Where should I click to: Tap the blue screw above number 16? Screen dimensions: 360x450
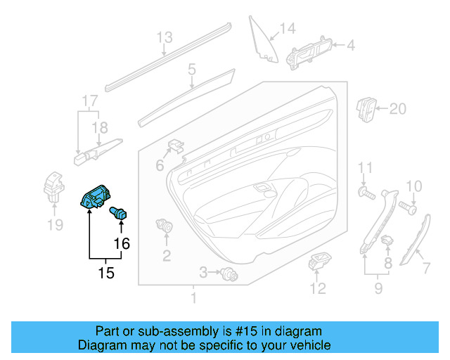click(x=120, y=212)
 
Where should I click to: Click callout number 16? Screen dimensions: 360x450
click(x=122, y=244)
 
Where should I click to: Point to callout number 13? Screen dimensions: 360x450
click(x=164, y=37)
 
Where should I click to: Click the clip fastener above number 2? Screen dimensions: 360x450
click(x=166, y=227)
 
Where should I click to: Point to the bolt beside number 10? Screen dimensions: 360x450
click(x=407, y=207)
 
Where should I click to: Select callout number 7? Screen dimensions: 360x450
click(x=425, y=268)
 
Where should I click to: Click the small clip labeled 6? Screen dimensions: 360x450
click(x=175, y=147)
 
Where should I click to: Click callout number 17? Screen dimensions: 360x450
click(x=87, y=100)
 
